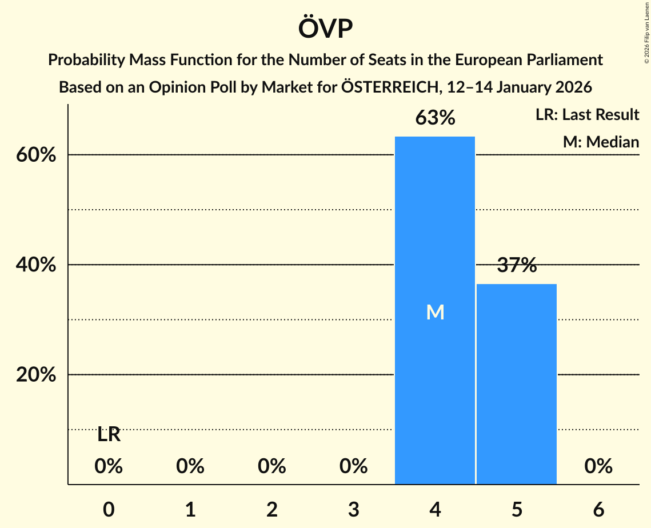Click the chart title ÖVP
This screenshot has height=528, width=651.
click(x=325, y=29)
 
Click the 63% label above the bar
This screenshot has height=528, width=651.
click(x=435, y=118)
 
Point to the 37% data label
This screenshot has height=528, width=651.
click(x=517, y=265)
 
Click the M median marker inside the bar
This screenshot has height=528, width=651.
click(x=435, y=312)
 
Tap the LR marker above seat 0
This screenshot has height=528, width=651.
click(x=109, y=435)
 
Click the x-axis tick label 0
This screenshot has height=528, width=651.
click(x=109, y=510)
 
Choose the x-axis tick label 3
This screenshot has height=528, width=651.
click(x=354, y=510)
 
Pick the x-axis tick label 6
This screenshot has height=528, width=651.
click(x=598, y=510)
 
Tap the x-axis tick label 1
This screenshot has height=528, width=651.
click(x=190, y=510)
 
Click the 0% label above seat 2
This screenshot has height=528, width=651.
click(x=272, y=467)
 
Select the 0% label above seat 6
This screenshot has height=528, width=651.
click(x=598, y=467)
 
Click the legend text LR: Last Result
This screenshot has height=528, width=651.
click(x=587, y=115)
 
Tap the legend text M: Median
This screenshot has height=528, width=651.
click(x=601, y=142)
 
